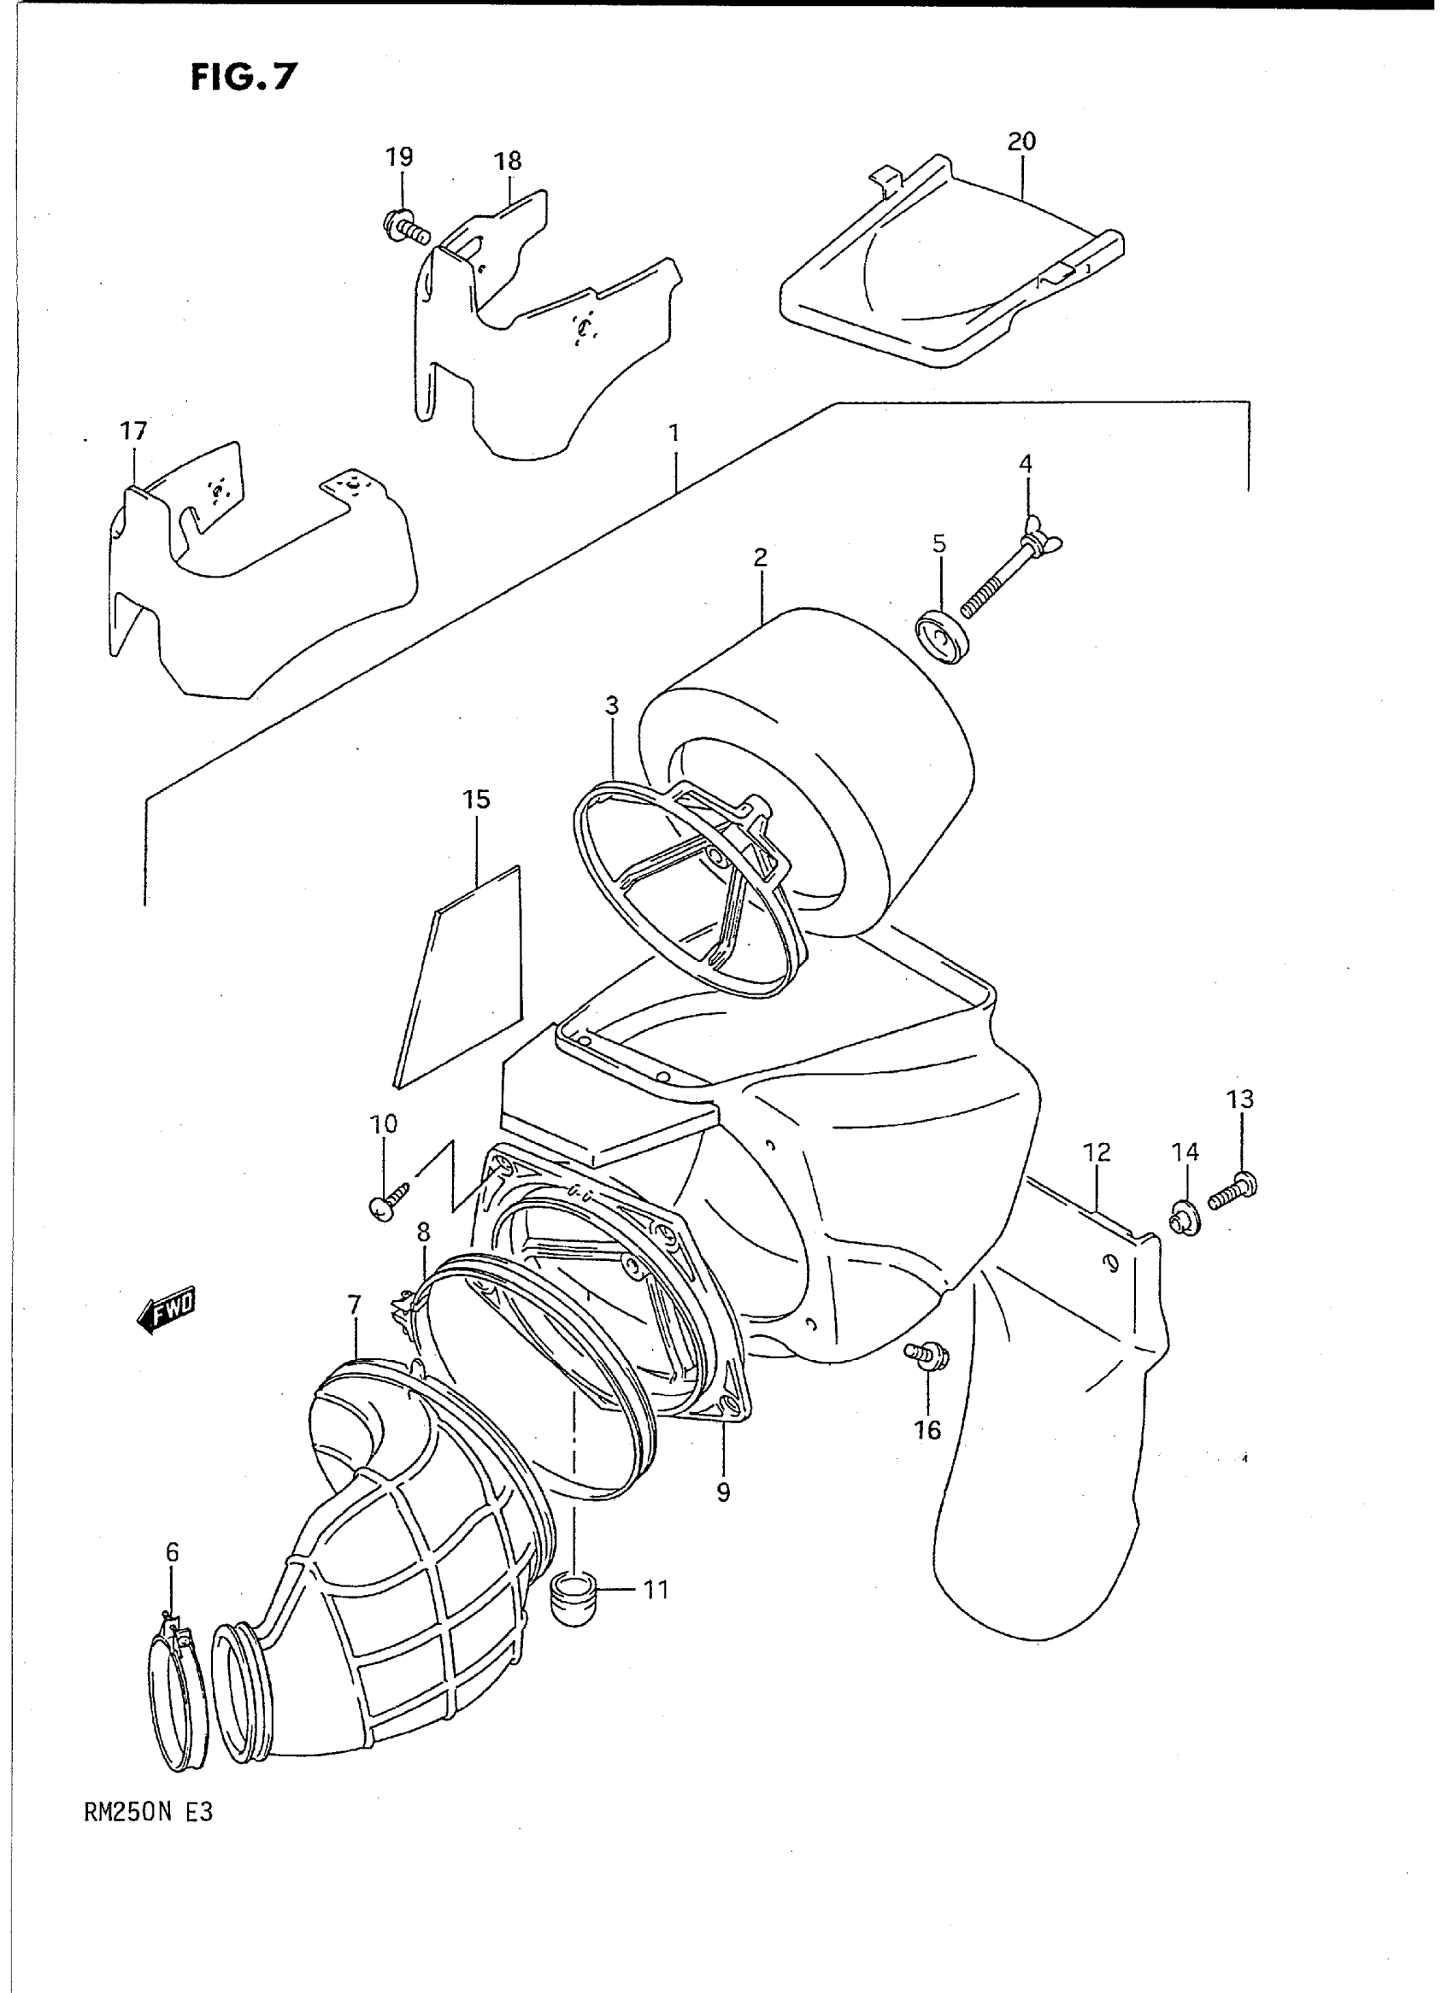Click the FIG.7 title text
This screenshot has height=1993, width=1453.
[x=244, y=78]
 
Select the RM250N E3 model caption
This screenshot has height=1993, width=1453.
[x=149, y=1813]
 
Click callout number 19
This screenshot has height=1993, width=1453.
[x=399, y=157]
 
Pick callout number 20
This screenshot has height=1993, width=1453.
[x=1021, y=141]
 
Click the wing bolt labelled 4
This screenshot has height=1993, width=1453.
[x=1011, y=577]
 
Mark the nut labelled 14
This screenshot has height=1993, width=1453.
[x=1185, y=1219]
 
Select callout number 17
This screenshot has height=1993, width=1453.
[x=133, y=431]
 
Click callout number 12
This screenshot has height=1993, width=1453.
[x=1097, y=1152]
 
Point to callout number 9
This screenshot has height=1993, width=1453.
[x=723, y=1492]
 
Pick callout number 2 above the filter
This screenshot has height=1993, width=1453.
[x=760, y=556]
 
